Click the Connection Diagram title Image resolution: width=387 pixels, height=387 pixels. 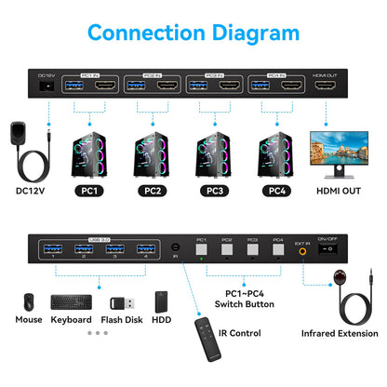[193, 33]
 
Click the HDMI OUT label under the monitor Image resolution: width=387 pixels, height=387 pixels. [338, 192]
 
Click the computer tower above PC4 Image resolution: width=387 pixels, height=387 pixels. [275, 149]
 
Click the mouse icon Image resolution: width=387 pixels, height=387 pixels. [28, 303]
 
